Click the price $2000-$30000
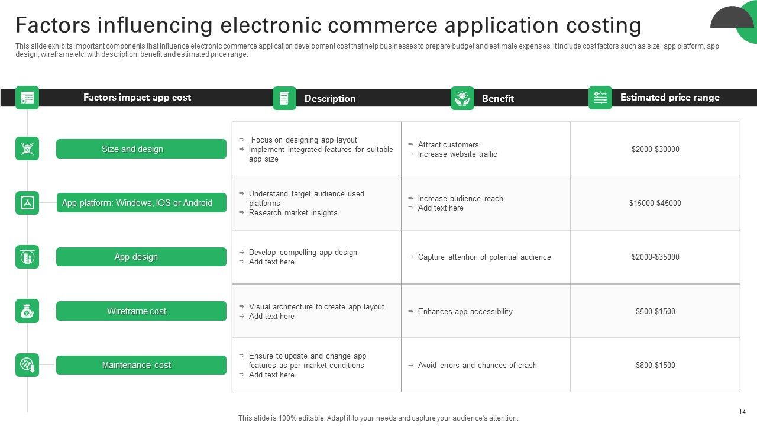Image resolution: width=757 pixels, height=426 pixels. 655,150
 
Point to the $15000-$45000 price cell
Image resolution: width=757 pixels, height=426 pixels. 655,204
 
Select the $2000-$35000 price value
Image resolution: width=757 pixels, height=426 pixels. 655,257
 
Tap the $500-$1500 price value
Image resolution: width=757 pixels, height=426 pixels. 655,312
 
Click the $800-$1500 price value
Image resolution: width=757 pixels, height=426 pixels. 655,366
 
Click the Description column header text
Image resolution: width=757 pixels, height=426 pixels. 330,99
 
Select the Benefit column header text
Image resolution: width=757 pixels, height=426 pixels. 497,99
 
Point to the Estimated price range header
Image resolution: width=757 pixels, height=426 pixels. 669,98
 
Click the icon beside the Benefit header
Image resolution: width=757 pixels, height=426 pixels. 462,98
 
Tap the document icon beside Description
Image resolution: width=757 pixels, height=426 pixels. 284,98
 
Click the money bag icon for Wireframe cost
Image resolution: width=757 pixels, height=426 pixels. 27,311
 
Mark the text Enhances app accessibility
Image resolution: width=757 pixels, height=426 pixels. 465,312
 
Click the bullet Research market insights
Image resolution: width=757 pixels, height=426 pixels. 293,213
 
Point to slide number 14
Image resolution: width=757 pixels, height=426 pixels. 742,412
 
